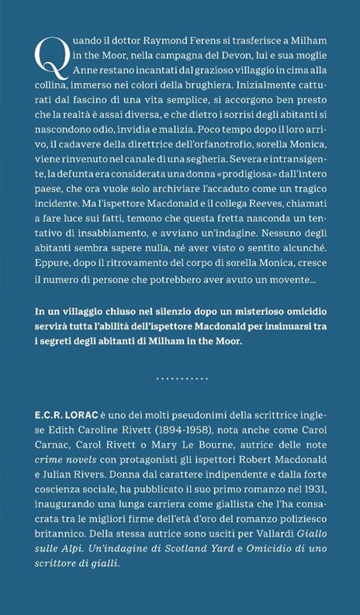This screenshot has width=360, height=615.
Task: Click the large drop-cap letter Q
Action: pos(48,57)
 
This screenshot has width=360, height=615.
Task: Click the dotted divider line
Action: pos(180,378)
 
